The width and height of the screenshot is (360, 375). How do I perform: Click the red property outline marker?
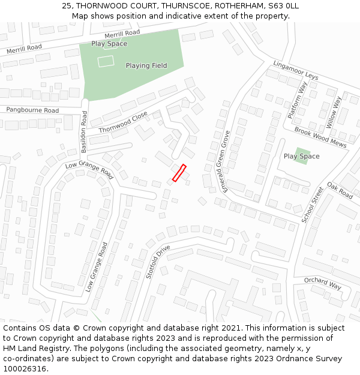[x=179, y=173]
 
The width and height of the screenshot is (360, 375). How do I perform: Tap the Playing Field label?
[x=146, y=65]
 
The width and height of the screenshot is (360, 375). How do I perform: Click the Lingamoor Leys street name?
[x=295, y=70]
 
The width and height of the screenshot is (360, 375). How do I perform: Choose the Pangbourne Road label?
[x=32, y=110]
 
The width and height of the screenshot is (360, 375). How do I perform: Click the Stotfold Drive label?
[x=158, y=262]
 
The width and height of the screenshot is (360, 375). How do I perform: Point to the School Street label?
[x=313, y=205]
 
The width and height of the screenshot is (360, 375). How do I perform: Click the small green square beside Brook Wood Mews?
[x=303, y=156]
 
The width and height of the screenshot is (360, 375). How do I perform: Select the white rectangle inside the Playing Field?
[x=106, y=61]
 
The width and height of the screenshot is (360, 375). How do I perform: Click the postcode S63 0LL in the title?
[x=282, y=6]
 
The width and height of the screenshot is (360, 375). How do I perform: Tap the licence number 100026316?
[x=25, y=369]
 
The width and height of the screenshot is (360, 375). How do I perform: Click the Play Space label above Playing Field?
[x=109, y=44]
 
